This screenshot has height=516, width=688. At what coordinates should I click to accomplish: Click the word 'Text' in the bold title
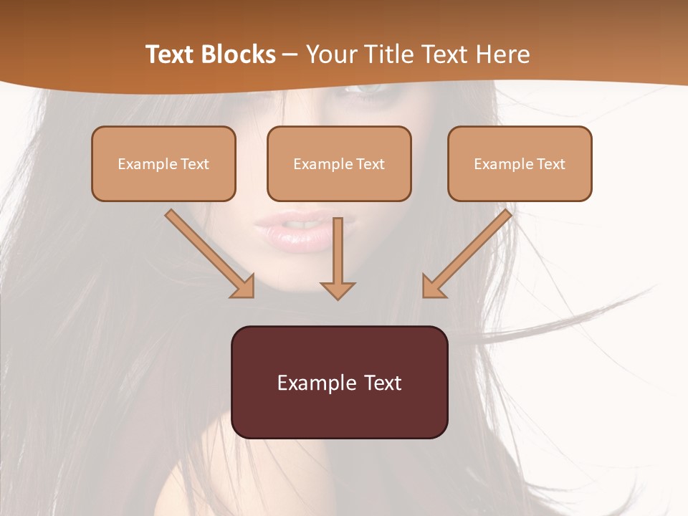169,54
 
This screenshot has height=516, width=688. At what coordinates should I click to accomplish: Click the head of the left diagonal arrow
244,287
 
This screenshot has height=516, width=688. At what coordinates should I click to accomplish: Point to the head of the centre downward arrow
338,290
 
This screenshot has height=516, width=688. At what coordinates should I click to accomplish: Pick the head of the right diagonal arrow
433,287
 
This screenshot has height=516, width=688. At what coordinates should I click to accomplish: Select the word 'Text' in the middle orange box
371,164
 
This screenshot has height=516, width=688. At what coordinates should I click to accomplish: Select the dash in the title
290,55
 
